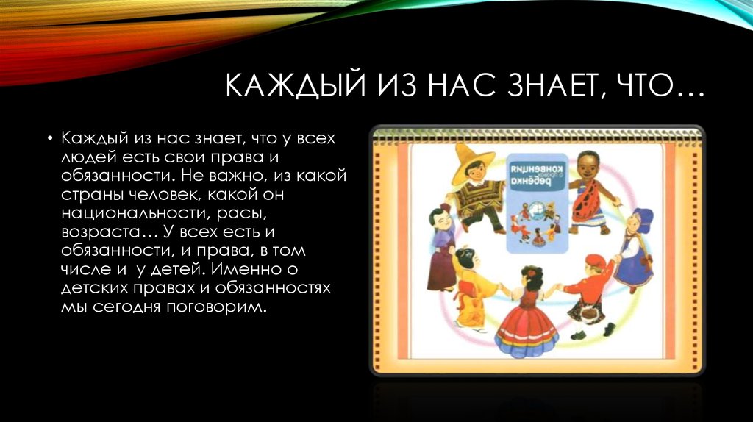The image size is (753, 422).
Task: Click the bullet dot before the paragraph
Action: tap(49, 138)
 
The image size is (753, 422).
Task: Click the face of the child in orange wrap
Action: tap(587, 165)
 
